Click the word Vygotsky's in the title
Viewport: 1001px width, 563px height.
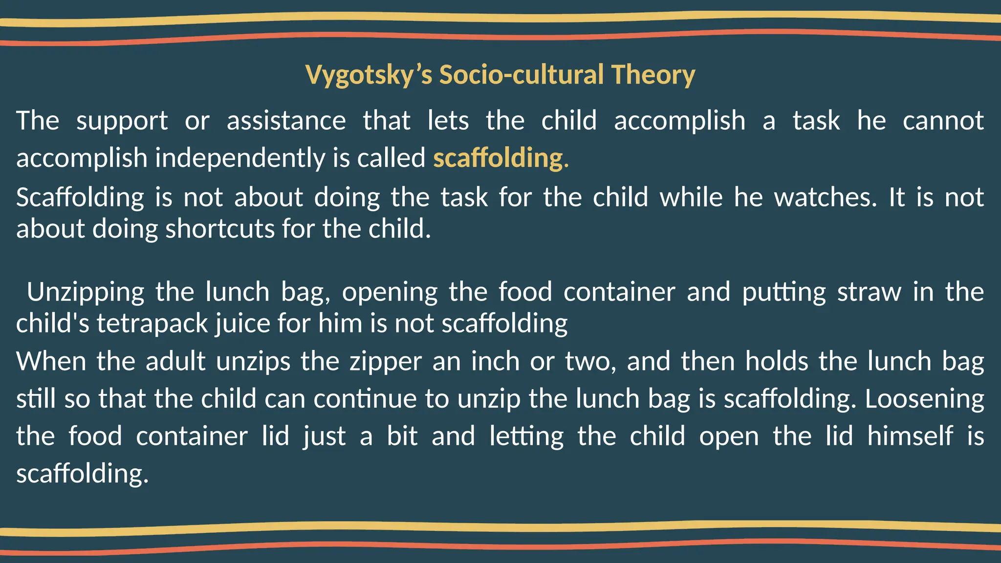(369, 75)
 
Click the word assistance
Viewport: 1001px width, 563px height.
(286, 121)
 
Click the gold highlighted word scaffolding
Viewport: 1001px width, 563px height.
(499, 158)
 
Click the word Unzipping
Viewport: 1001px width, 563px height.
(86, 292)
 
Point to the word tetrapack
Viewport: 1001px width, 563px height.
(152, 324)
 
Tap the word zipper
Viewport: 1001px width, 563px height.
(386, 362)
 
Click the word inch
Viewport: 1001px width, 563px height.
(495, 362)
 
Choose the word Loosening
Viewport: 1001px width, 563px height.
(924, 399)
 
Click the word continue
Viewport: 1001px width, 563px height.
(365, 399)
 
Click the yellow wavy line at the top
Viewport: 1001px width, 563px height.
(500, 19)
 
